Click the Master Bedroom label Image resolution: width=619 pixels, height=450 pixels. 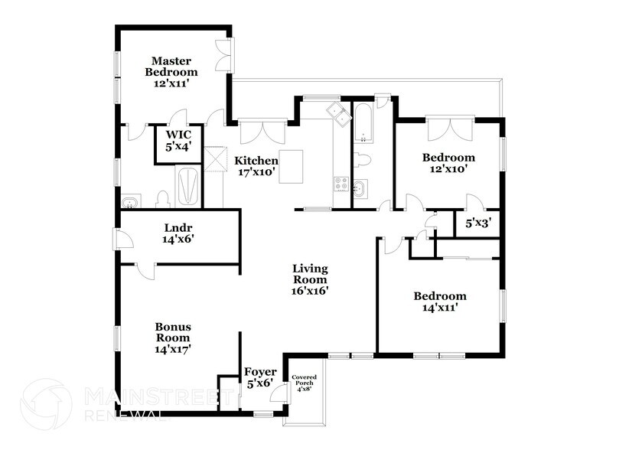(x=171, y=72)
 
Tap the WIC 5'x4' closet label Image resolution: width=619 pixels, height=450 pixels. (x=178, y=140)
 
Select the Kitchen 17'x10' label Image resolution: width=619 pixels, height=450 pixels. (x=256, y=166)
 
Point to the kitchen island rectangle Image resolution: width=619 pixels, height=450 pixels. (x=291, y=167)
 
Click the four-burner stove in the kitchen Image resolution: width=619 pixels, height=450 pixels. (x=341, y=184)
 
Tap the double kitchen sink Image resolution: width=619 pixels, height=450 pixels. (x=339, y=114)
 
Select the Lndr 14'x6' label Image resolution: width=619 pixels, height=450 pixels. (x=178, y=233)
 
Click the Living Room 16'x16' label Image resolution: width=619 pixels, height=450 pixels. (x=310, y=279)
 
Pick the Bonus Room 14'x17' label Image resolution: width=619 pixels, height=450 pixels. (x=173, y=337)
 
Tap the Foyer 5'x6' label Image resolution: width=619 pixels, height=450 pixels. (x=260, y=377)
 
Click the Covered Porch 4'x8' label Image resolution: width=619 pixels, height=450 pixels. (x=304, y=383)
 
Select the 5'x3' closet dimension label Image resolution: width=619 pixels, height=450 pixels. (x=478, y=223)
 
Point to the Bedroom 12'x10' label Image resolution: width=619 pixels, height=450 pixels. (x=448, y=163)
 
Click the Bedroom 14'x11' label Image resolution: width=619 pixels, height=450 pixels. (x=440, y=302)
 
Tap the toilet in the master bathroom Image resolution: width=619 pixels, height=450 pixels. (x=163, y=200)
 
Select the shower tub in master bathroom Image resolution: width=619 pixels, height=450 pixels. (x=188, y=185)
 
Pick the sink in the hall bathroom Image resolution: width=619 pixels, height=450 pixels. (x=360, y=188)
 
